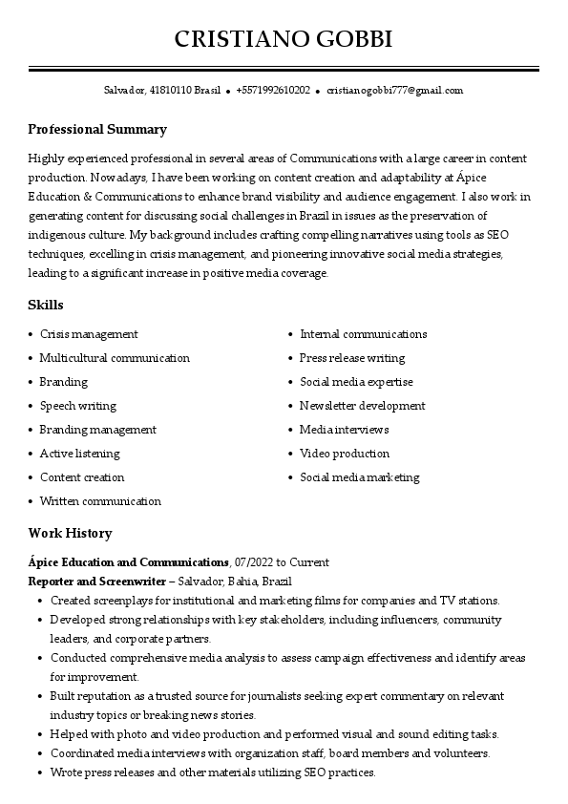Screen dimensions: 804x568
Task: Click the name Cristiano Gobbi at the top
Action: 284,39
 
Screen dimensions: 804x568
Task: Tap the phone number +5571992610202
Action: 272,91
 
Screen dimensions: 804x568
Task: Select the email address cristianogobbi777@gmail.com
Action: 394,91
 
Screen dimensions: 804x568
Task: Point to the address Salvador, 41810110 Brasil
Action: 162,91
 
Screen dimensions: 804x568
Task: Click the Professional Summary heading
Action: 97,130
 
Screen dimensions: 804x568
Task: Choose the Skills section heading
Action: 46,306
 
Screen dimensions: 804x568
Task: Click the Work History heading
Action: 70,534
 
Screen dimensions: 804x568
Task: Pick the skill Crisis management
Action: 89,334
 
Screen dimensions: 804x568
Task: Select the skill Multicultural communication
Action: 115,358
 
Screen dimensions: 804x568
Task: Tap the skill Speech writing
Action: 78,406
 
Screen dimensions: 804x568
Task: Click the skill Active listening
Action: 80,454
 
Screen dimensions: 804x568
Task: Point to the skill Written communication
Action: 100,501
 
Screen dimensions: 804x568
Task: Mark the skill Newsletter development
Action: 363,406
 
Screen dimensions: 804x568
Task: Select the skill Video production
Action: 345,454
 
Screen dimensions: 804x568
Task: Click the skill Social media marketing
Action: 360,477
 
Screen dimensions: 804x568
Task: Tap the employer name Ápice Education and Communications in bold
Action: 129,563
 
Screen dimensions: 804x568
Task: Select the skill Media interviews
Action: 345,430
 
